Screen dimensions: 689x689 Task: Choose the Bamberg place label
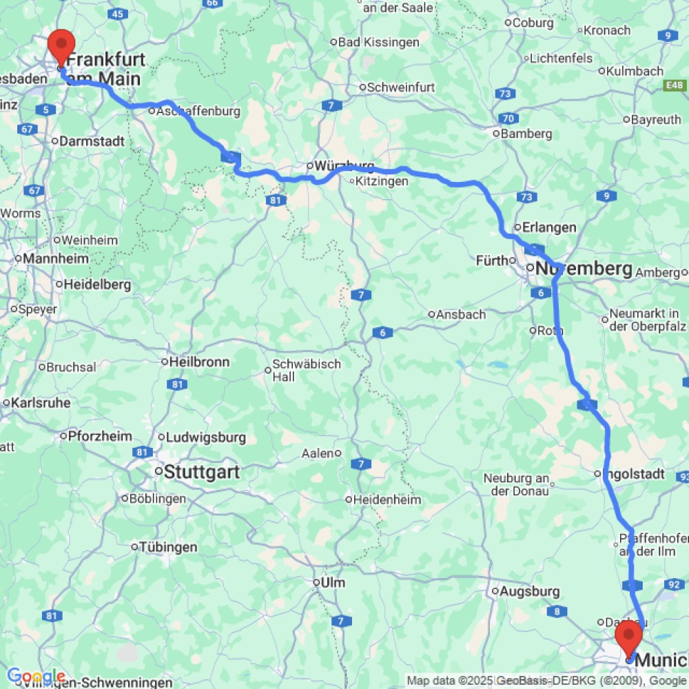(x=526, y=134)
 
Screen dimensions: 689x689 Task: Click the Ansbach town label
(x=461, y=314)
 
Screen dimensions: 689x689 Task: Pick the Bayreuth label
(x=655, y=120)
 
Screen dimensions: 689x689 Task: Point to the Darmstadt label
(x=92, y=141)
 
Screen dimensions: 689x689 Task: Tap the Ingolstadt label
(x=633, y=474)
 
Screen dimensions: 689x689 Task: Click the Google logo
(x=36, y=677)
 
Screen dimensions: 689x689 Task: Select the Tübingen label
(x=168, y=547)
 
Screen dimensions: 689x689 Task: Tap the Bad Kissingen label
(x=378, y=42)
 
